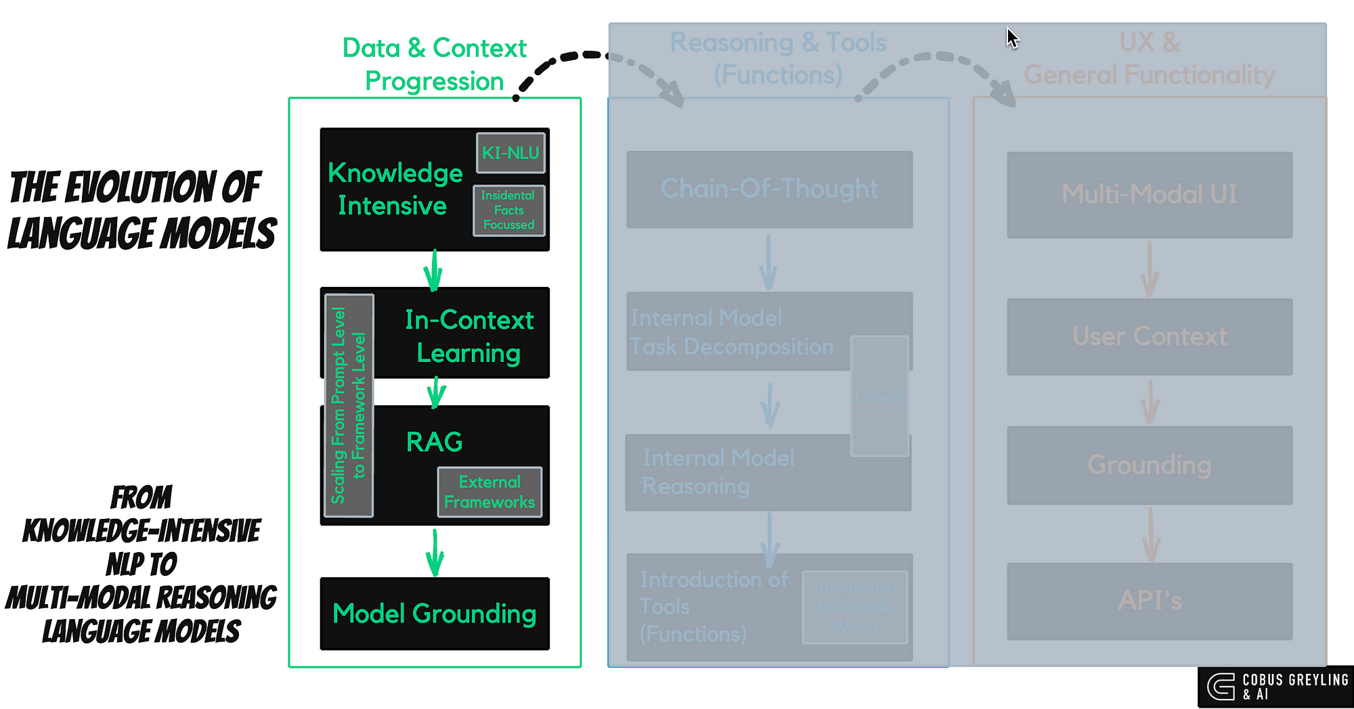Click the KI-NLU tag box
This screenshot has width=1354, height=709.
pos(510,153)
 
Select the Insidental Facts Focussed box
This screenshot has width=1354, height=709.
pos(508,210)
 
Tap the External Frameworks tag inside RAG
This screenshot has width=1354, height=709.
pos(489,492)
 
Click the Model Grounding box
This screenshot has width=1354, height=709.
pos(435,614)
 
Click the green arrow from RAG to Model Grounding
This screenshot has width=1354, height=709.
pos(435,551)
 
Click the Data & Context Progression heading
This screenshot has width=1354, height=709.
pos(435,64)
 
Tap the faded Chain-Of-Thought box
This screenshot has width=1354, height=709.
pos(769,189)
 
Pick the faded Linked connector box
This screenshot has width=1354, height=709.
pos(879,396)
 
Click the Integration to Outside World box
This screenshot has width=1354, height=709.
pos(855,607)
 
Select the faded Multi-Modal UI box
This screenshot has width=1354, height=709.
pos(1149,195)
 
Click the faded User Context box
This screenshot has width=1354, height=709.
pos(1149,336)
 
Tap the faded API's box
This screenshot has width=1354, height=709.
pos(1149,601)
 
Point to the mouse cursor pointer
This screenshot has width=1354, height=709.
pos(1011,37)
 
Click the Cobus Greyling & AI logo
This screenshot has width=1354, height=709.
pos(1275,687)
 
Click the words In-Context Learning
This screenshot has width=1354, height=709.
pos(469,336)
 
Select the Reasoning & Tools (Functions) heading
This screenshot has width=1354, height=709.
pos(778,59)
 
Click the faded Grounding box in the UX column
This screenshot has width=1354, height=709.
pos(1149,465)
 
